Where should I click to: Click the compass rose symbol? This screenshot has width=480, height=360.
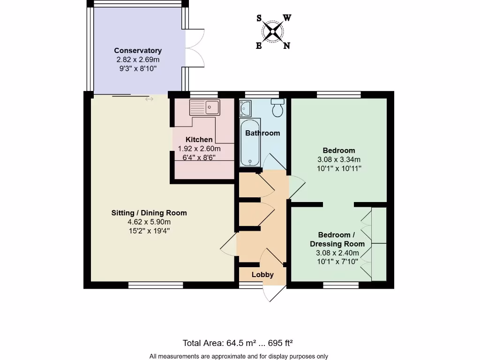pos(273,32)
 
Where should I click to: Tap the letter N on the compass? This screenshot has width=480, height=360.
pos(286,45)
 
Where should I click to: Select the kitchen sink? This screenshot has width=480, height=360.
pos(205,108)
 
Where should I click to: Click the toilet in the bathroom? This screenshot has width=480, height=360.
pos(277,108)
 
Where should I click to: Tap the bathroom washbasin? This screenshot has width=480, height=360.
pos(245,108)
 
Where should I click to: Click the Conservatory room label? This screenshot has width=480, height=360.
pos(138,51)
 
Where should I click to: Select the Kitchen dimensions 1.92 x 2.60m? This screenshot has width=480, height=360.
pos(199,149)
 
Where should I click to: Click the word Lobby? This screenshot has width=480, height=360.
pos(262,275)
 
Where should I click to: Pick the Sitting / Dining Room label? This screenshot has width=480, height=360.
pos(149,213)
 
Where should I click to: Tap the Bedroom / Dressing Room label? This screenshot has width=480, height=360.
pos(337,239)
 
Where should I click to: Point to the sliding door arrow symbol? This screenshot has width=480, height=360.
pos(149,99)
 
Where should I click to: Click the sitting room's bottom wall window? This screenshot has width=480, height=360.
pos(156,285)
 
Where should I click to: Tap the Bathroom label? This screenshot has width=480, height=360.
pos(262,133)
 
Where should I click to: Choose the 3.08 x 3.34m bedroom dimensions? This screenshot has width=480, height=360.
pos(339,159)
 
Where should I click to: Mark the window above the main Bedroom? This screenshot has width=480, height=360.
pos(338,95)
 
